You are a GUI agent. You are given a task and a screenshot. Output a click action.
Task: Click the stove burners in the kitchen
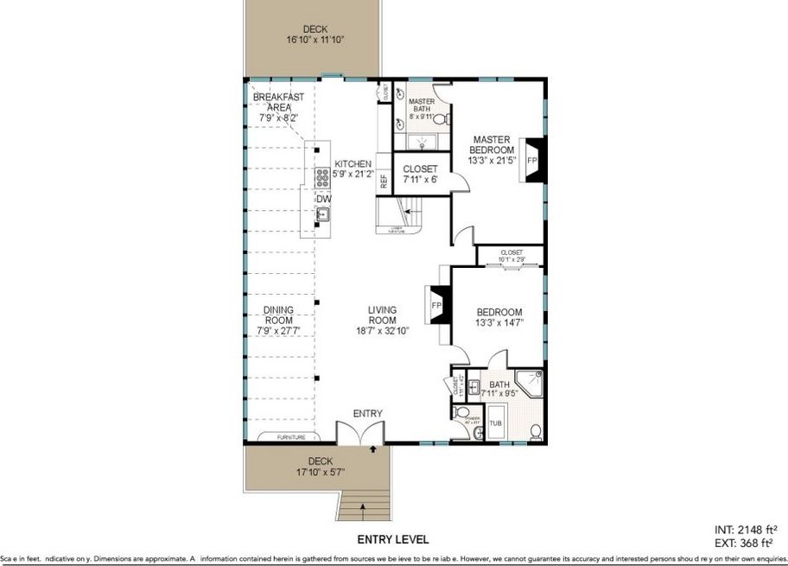(322, 177)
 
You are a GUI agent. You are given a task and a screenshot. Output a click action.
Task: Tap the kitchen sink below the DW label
(322, 216)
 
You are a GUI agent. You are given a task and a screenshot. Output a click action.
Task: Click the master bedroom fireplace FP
(532, 161)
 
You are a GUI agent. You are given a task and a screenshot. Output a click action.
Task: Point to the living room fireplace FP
(438, 306)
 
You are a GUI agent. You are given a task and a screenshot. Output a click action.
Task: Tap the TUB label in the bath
(495, 423)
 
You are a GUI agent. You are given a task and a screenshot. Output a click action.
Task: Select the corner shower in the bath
(529, 384)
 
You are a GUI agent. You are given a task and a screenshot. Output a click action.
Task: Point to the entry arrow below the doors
(372, 449)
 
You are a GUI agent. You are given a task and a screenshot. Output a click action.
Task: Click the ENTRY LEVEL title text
(394, 539)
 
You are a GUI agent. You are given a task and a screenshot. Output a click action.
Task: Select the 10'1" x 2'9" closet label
(512, 258)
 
